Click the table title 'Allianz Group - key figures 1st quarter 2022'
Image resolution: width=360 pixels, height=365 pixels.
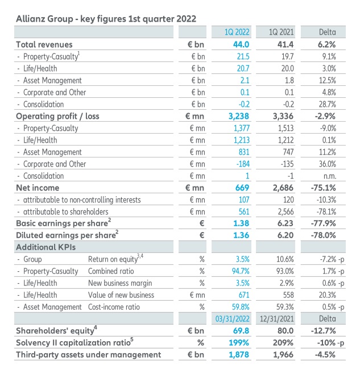click(106, 18)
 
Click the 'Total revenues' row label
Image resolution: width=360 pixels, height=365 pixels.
click(44, 44)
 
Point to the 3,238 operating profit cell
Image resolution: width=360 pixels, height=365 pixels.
click(238, 116)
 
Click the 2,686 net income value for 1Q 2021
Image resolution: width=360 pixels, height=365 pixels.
click(283, 188)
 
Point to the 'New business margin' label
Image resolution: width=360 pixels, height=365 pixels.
click(120, 283)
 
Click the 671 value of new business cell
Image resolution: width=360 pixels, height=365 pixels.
click(243, 295)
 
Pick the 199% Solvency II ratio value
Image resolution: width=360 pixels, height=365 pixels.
click(239, 343)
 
